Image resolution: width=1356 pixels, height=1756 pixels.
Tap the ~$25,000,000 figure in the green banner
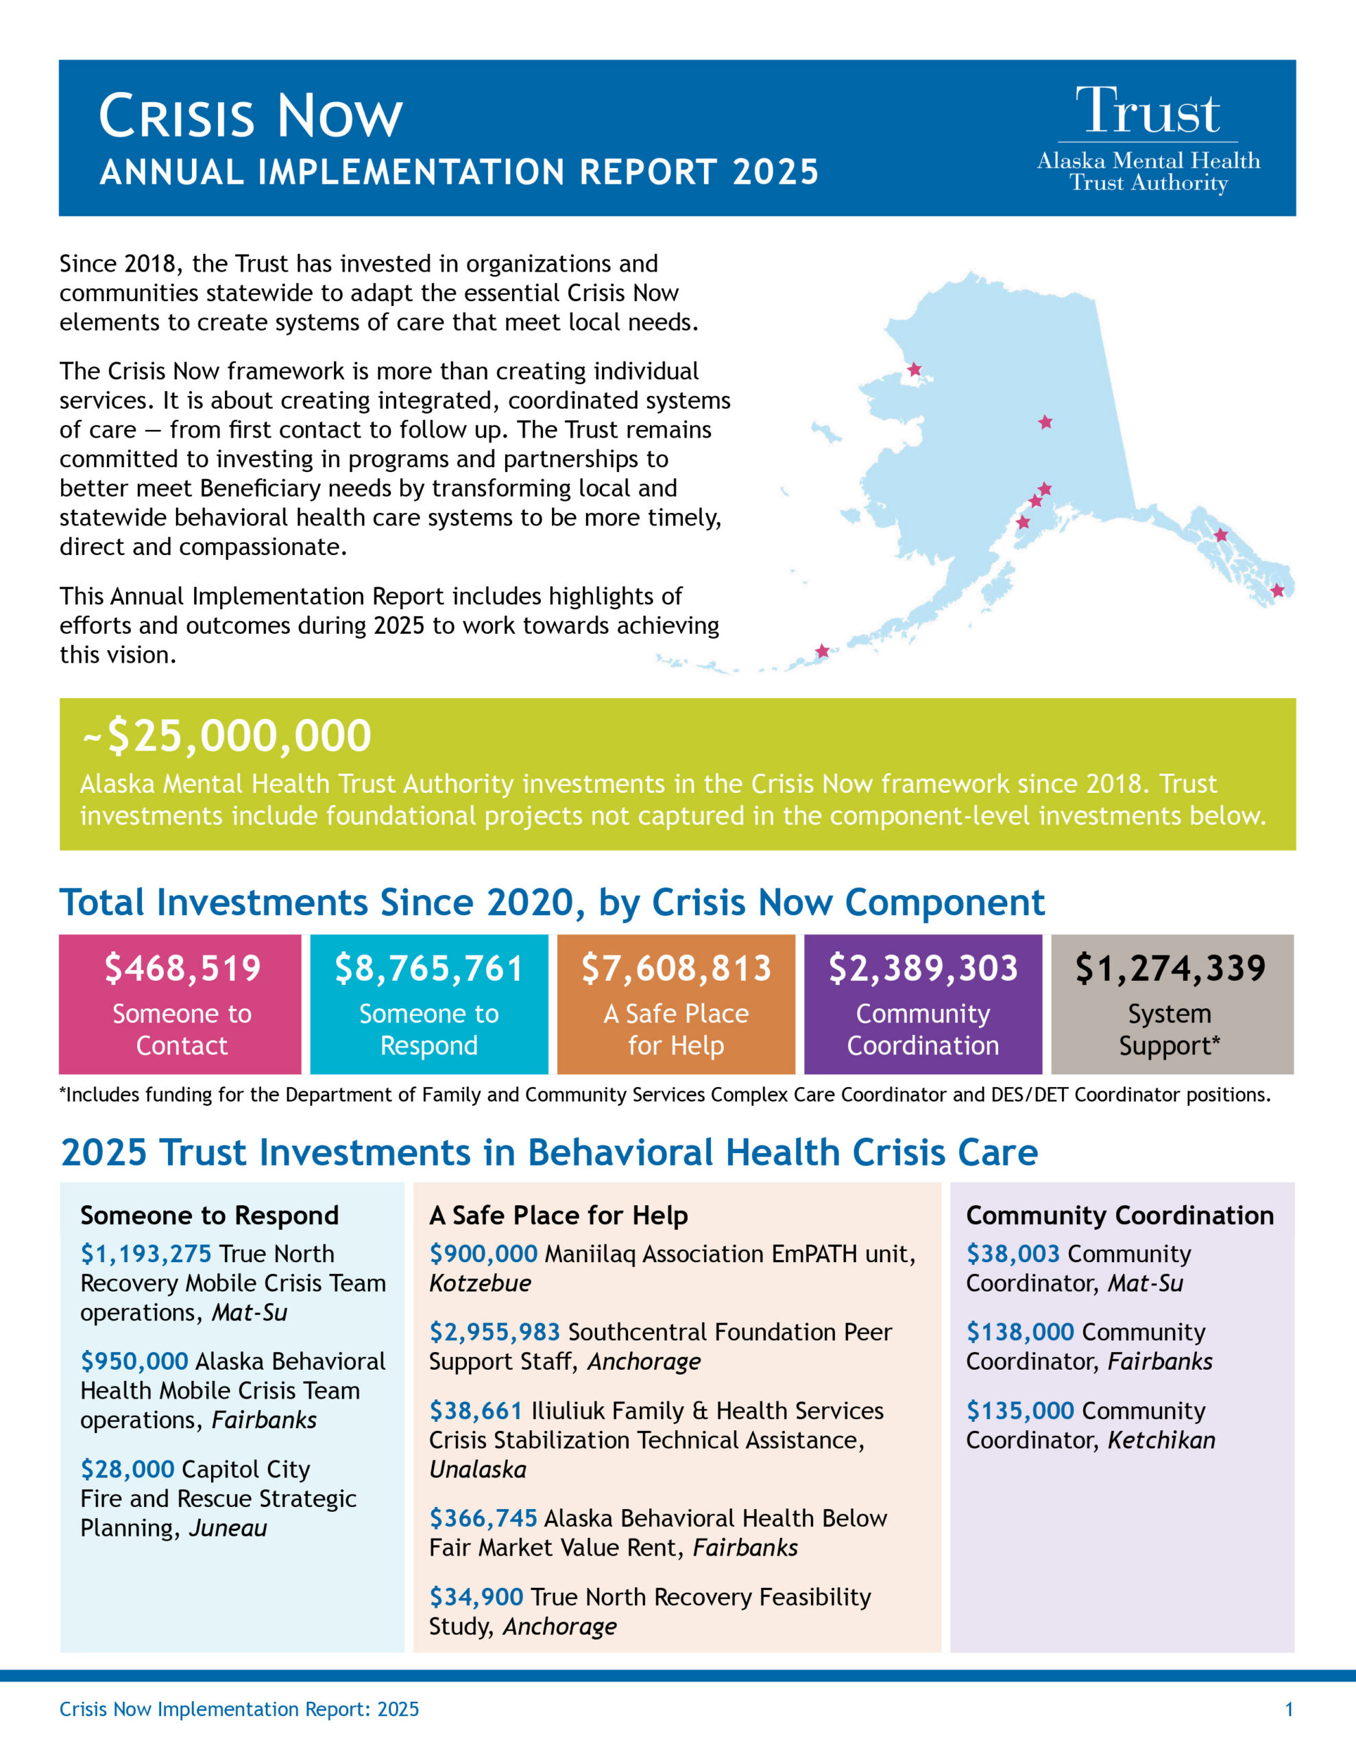click(x=227, y=736)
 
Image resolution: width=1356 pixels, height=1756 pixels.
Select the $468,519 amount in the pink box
click(x=182, y=968)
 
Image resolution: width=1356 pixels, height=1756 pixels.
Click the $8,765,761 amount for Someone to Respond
click(x=429, y=968)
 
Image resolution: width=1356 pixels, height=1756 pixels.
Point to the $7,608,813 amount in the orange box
click(x=676, y=968)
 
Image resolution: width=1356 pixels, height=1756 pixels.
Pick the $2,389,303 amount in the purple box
click(x=923, y=968)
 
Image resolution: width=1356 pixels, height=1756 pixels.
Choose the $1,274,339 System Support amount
click(x=1170, y=968)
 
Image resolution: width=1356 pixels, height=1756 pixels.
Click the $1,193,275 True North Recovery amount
click(x=145, y=1253)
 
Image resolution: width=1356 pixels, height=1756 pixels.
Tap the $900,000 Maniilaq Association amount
click(x=483, y=1253)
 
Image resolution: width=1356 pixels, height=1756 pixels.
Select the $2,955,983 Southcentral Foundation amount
click(x=494, y=1331)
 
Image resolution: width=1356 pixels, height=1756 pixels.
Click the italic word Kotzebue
click(x=480, y=1283)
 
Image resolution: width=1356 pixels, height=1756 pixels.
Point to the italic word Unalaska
click(x=477, y=1470)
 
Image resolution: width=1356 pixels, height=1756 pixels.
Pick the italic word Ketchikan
click(x=1161, y=1440)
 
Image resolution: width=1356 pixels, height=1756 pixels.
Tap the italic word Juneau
click(x=228, y=1528)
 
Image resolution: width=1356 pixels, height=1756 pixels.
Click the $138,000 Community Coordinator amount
click(x=1019, y=1331)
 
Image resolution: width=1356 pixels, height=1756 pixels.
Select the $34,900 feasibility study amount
click(x=476, y=1596)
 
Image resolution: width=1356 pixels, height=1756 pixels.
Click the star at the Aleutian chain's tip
click(x=821, y=650)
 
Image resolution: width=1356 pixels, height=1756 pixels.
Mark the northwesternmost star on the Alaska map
click(x=914, y=369)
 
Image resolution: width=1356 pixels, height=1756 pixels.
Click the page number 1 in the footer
click(x=1289, y=1709)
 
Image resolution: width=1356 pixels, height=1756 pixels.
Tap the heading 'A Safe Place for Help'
click(x=558, y=1215)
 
